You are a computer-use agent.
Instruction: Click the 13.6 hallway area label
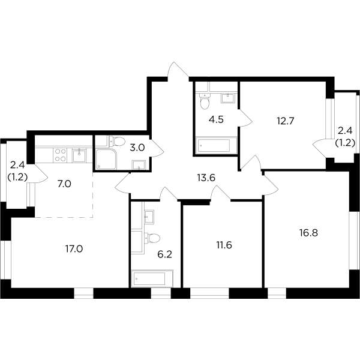[206, 176]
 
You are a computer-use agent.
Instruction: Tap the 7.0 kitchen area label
[64, 184]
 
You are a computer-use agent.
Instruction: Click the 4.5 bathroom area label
[216, 119]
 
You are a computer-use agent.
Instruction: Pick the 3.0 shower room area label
[137, 146]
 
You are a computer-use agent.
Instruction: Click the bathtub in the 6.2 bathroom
[153, 278]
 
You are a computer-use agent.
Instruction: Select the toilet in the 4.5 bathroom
[204, 103]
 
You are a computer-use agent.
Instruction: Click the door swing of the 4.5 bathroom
[245, 119]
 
